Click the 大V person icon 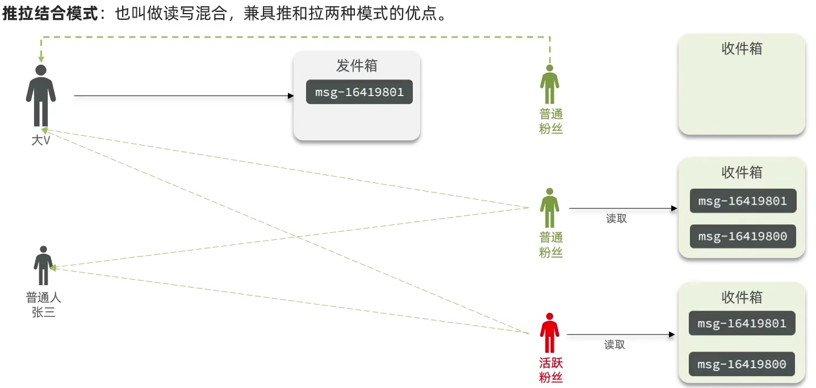[x=41, y=95]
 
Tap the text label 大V [x=41, y=140]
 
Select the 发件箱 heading [x=357, y=66]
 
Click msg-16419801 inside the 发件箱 [x=359, y=92]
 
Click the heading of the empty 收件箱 [x=742, y=49]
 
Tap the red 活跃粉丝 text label [x=550, y=370]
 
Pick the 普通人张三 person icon [x=43, y=265]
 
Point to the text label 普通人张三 [x=43, y=304]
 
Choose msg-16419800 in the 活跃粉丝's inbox [x=742, y=364]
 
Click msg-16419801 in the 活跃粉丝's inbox [x=742, y=323]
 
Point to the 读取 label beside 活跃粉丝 [x=614, y=345]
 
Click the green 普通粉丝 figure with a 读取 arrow [x=549, y=208]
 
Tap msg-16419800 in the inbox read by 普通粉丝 [x=743, y=236]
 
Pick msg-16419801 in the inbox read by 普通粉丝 [x=743, y=201]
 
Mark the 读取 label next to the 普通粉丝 [x=616, y=219]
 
